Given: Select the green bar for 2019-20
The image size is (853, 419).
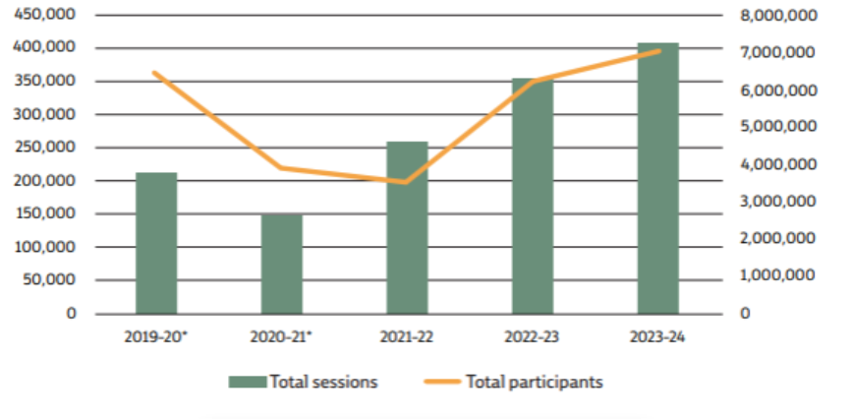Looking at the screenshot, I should click(x=156, y=243).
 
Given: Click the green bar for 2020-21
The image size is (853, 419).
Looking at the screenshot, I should click(x=282, y=264).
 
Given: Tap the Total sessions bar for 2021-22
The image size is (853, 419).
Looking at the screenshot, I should click(x=407, y=227).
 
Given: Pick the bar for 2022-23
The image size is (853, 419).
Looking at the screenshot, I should click(x=533, y=196).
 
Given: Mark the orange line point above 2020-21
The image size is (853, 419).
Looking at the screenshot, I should click(x=282, y=167).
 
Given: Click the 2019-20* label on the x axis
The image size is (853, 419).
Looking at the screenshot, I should click(x=156, y=337).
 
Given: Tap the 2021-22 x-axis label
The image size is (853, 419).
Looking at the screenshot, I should click(x=407, y=337).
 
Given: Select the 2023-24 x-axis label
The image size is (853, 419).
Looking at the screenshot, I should click(x=657, y=337).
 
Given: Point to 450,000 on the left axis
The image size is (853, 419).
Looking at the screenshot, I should click(x=47, y=15).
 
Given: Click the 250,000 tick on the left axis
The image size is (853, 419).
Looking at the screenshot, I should click(x=47, y=148).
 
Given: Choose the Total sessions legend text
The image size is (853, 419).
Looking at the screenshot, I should click(x=323, y=382).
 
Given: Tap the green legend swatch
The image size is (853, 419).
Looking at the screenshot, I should click(x=249, y=382).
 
